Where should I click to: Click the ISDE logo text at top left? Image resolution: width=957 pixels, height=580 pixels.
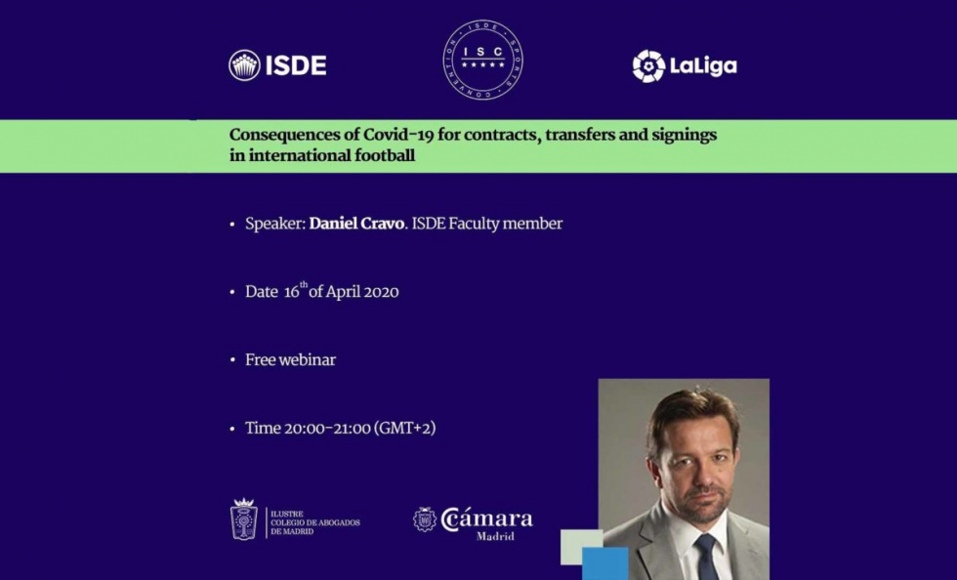click(x=296, y=65)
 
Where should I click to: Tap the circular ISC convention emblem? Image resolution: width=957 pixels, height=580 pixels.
click(x=482, y=61)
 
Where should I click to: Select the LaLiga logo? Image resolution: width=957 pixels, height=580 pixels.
click(x=685, y=66)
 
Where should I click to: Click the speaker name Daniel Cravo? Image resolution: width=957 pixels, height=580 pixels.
click(x=355, y=224)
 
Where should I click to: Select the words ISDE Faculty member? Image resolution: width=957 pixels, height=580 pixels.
click(x=487, y=224)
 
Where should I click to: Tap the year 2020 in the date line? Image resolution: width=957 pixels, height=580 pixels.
click(x=380, y=292)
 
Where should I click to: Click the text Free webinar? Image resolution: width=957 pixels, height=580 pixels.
click(x=290, y=360)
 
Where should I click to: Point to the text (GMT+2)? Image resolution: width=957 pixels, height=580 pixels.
click(x=404, y=429)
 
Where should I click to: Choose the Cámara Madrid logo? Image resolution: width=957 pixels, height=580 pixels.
click(x=475, y=521)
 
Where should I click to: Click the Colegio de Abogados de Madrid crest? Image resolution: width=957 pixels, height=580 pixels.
click(x=243, y=519)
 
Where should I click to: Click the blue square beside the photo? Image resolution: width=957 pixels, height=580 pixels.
click(x=604, y=563)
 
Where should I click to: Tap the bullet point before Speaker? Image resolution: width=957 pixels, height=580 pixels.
click(x=232, y=225)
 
